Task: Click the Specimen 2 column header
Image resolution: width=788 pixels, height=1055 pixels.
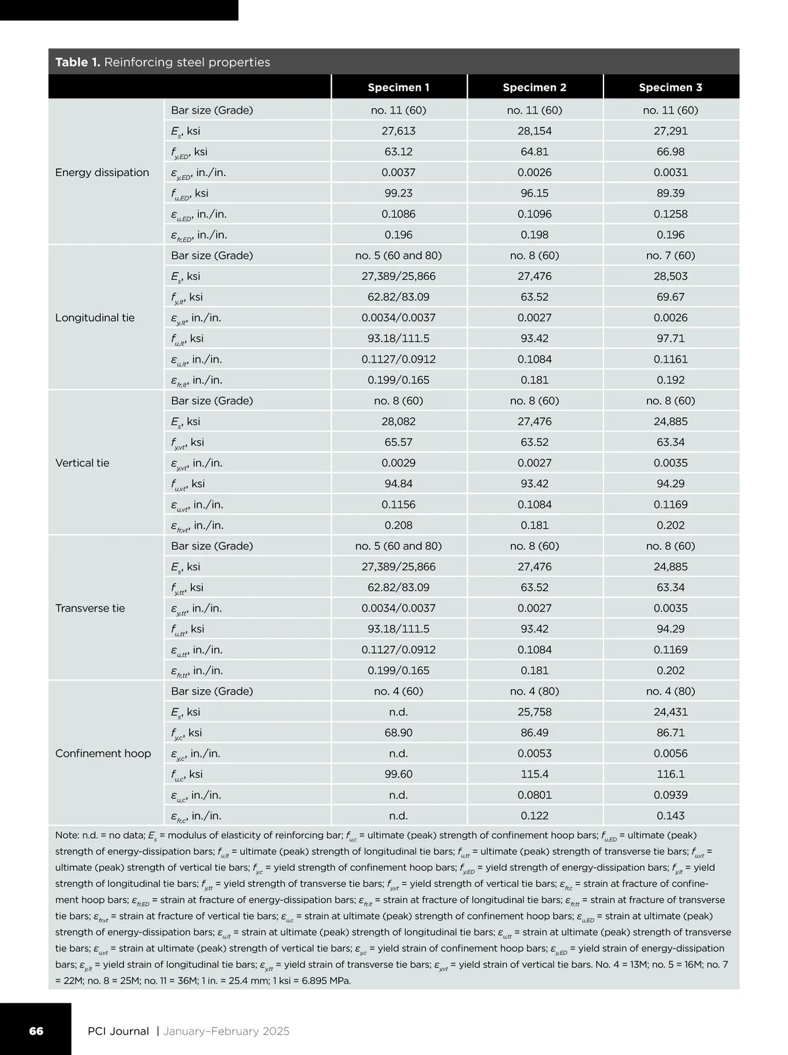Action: point(534,87)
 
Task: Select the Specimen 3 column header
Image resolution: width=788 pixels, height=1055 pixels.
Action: point(670,87)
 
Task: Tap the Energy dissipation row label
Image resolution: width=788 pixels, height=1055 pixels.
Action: point(102,173)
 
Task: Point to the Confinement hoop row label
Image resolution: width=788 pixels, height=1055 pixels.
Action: point(103,753)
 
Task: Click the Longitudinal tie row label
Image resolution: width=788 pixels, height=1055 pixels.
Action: point(95,318)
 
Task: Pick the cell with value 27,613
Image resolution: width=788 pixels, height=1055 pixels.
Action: point(398,131)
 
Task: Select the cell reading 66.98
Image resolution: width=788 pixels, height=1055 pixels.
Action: point(670,152)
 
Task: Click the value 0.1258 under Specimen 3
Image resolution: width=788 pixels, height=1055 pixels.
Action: point(670,214)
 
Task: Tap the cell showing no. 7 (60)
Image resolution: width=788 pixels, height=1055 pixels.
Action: point(670,256)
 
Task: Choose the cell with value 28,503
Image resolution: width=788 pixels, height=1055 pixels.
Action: point(670,277)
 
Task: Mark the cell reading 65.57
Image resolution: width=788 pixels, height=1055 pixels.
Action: point(398,442)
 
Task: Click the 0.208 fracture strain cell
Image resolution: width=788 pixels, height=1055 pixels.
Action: point(398,526)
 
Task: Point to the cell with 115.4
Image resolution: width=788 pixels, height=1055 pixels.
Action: point(534,774)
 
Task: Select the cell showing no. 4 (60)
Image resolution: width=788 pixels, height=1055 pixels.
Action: point(398,691)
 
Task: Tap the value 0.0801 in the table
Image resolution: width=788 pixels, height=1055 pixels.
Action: point(534,795)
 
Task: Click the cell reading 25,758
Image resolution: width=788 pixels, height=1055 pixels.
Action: point(534,712)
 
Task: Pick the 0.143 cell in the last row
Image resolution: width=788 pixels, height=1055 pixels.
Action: point(670,816)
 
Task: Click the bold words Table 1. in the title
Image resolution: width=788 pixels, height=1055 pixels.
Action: point(77,62)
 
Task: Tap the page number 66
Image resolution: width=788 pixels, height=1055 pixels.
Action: point(36,1031)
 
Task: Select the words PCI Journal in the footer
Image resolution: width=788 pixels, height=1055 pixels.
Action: point(118,1031)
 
